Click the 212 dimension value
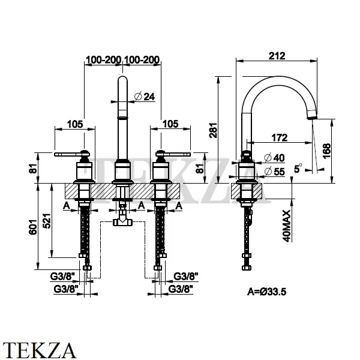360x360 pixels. [276, 56]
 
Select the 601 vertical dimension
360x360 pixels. [35, 225]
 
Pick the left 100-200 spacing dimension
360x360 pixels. [104, 59]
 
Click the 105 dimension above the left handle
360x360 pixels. [74, 124]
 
